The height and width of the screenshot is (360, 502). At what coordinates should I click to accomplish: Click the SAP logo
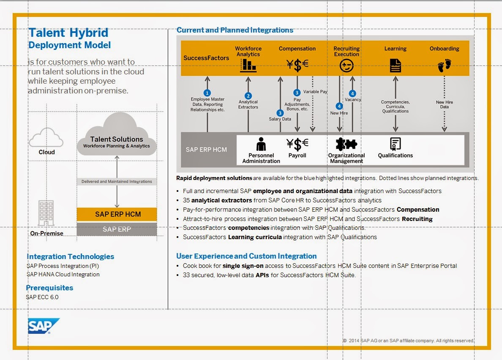tap(44, 326)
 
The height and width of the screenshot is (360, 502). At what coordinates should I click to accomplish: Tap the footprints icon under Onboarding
tap(444, 65)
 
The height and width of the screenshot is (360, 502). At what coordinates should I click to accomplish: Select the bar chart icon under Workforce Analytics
tap(248, 65)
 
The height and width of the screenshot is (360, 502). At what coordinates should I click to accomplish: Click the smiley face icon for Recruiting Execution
tap(346, 65)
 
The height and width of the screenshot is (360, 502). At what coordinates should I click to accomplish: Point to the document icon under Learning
tap(396, 65)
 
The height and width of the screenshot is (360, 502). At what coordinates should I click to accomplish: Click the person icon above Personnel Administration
tap(261, 144)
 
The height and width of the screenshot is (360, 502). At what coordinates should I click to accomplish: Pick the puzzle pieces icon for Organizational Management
tap(346, 144)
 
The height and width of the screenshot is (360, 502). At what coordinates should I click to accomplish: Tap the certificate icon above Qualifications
tap(396, 144)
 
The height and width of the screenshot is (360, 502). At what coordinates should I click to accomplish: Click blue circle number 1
tap(207, 93)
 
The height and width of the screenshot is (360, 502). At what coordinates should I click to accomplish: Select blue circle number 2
tap(248, 95)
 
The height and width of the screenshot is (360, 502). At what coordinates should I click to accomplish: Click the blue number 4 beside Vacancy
tap(352, 93)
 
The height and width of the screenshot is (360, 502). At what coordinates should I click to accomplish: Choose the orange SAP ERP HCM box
tap(117, 214)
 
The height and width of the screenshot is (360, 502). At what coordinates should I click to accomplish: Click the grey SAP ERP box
tap(117, 229)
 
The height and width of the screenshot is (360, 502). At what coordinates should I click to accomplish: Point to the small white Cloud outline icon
tap(46, 137)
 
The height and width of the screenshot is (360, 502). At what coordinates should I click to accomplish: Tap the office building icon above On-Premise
tap(46, 213)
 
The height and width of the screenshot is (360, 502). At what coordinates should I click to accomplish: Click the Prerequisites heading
tap(49, 288)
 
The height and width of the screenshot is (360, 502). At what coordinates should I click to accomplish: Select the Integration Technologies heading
tap(71, 256)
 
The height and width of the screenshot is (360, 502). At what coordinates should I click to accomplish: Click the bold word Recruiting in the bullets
tap(417, 219)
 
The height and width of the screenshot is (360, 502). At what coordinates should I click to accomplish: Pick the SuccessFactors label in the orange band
tap(206, 58)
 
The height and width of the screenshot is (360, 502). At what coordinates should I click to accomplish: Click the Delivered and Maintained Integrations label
tap(117, 181)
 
